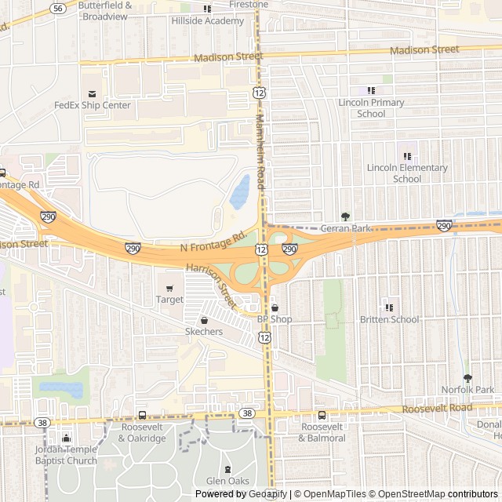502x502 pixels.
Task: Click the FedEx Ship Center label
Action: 93,105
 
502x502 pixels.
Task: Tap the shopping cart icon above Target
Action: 169,288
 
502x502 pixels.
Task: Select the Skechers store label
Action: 204,332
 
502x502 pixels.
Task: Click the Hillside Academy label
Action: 208,21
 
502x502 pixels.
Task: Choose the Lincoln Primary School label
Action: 371,107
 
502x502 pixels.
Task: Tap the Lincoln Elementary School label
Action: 407,173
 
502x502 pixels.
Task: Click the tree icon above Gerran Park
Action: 345,216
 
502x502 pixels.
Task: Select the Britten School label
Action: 389,319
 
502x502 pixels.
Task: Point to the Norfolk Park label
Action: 467,389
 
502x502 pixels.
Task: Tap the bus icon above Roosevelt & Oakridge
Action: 142,415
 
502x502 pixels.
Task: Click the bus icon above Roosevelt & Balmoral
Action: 322,415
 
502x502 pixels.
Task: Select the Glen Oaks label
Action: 227,481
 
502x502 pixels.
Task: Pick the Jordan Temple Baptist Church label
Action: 66,454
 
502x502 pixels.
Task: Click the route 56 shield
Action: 57,8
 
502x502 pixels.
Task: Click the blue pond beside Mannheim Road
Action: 240,192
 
